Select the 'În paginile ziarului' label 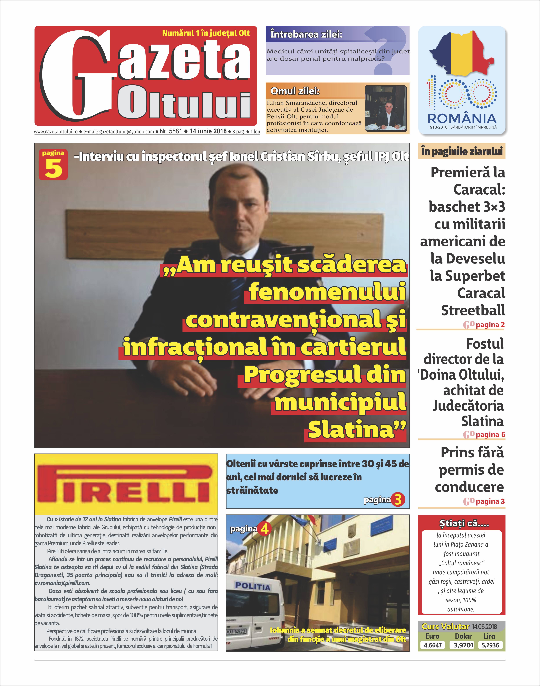(x=462, y=151)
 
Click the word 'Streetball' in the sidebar (x=473, y=310)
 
